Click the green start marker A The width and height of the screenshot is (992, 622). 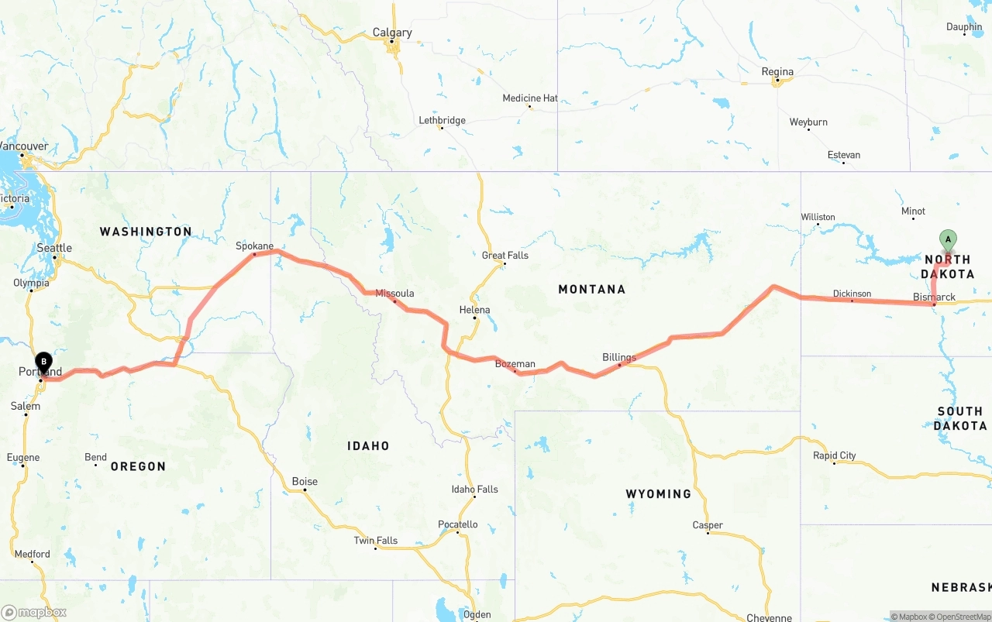(x=947, y=239)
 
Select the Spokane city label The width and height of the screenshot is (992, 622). (x=255, y=246)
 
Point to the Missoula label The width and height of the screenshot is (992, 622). (x=394, y=294)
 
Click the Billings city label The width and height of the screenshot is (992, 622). (x=619, y=357)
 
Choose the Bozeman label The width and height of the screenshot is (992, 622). (x=515, y=364)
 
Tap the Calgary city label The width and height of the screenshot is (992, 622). (x=392, y=33)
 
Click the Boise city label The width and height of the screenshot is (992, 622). (x=305, y=482)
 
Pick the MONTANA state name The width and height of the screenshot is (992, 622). (x=591, y=290)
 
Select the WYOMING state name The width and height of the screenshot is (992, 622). (x=659, y=494)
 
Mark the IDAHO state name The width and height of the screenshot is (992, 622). (x=368, y=446)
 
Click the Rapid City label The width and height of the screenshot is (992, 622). (x=834, y=455)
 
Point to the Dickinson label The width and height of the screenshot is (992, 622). (x=852, y=294)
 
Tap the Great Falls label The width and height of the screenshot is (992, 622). (x=505, y=256)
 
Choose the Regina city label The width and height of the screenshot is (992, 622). (x=777, y=72)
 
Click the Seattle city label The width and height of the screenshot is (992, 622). (x=54, y=248)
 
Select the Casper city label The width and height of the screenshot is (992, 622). (x=708, y=525)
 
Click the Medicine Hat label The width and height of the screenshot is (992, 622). (x=530, y=98)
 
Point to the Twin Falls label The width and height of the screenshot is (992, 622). (x=376, y=541)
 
